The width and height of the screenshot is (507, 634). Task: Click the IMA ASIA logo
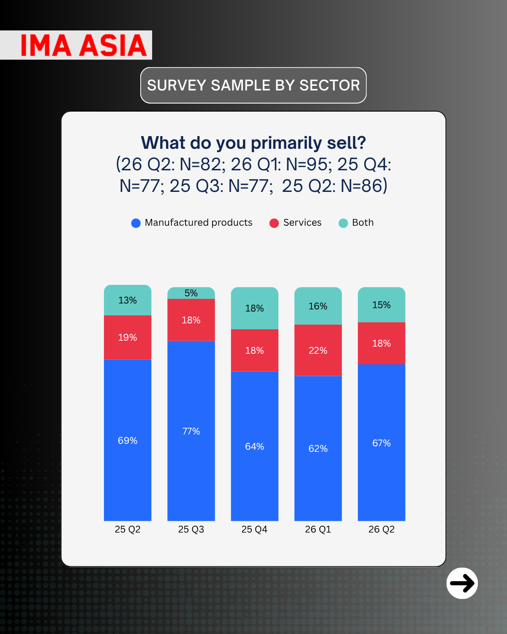(x=83, y=45)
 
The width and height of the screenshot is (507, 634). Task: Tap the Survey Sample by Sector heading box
(x=253, y=85)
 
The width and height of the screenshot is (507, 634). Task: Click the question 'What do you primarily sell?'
(x=253, y=143)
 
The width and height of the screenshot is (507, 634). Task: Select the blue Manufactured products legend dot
(x=136, y=223)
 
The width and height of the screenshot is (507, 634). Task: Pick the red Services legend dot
(x=274, y=223)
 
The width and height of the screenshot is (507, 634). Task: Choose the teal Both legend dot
(x=343, y=223)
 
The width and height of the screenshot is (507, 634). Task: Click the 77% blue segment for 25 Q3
(x=191, y=431)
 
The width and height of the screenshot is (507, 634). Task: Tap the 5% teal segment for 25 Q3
(x=191, y=293)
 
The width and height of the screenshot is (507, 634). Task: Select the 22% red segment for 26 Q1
(x=318, y=350)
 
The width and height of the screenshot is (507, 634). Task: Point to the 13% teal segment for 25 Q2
(x=128, y=300)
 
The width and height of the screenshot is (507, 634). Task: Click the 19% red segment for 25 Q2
(x=128, y=337)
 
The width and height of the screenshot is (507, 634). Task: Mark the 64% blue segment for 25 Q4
(x=254, y=446)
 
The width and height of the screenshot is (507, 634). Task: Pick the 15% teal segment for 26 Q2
(x=381, y=305)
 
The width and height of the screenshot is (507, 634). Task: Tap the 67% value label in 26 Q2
(x=381, y=443)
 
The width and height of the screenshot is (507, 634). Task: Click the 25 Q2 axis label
(x=128, y=529)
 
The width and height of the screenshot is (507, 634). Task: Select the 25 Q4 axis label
(x=254, y=529)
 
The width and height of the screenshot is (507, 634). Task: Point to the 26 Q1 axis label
(x=318, y=529)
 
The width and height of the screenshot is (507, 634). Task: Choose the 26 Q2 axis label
(x=381, y=529)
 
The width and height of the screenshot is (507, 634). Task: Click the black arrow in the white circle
(x=462, y=583)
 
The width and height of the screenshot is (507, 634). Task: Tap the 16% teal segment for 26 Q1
(x=318, y=306)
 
